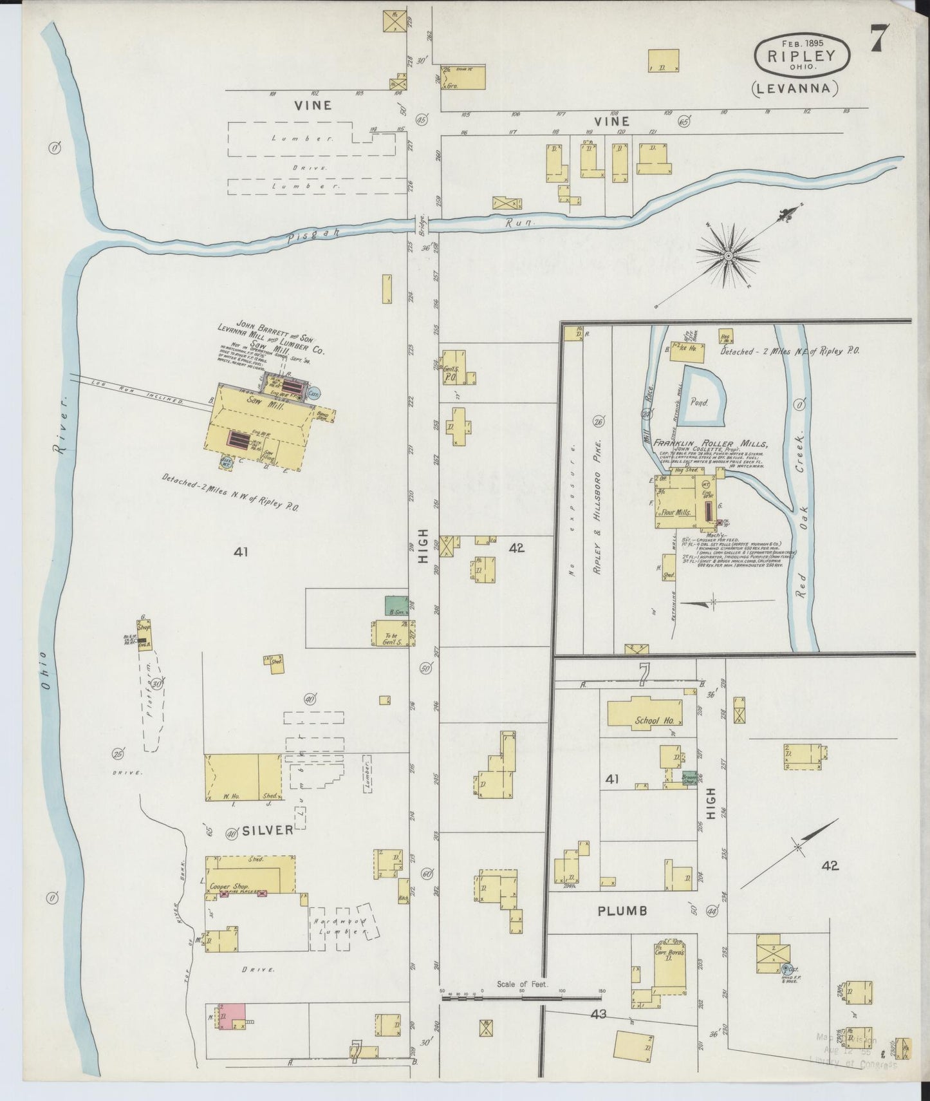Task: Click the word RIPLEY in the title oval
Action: [801, 55]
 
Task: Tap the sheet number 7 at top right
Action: [879, 39]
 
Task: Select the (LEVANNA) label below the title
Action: [794, 89]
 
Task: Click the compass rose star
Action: [728, 256]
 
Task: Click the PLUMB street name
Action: [622, 910]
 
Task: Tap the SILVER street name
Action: [268, 831]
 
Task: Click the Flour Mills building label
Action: [674, 513]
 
